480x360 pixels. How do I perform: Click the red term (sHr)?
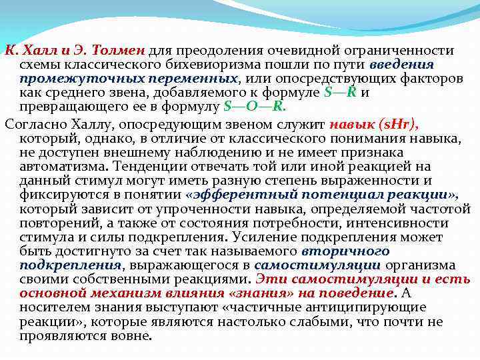point(399,124)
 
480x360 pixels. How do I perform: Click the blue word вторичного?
point(345,251)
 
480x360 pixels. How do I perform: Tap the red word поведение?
point(357,293)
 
